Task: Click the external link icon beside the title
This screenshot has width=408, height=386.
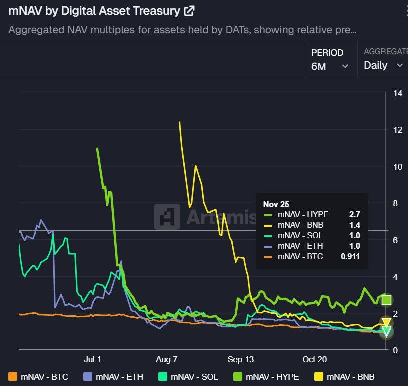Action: [x=189, y=10]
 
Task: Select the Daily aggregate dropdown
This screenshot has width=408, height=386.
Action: [x=383, y=65]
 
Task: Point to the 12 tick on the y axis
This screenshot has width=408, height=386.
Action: [x=398, y=130]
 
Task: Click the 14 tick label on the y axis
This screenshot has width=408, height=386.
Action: [x=398, y=93]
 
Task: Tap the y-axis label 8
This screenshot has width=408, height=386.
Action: [x=396, y=203]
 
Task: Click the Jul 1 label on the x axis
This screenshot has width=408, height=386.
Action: [x=93, y=359]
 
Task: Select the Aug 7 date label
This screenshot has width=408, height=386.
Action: [x=167, y=359]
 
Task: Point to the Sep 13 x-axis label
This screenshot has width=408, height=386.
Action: [x=241, y=359]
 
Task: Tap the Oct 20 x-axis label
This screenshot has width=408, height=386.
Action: [x=314, y=359]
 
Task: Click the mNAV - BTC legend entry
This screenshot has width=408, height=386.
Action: [x=38, y=377]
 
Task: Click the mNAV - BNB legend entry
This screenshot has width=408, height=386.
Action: [x=344, y=377]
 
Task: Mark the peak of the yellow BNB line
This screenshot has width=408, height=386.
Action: [x=180, y=122]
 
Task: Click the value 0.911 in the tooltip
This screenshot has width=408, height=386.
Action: [x=350, y=257]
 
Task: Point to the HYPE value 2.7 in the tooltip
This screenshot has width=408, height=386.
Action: [x=354, y=214]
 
